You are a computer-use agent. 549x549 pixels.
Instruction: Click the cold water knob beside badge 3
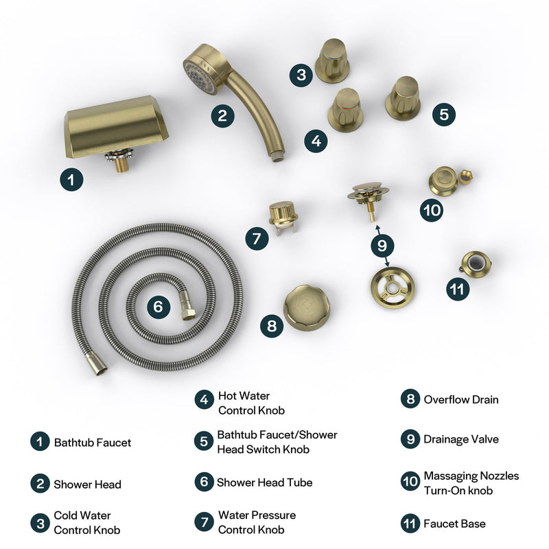click(x=332, y=60)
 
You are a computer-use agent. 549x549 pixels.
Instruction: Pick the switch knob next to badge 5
click(x=403, y=97)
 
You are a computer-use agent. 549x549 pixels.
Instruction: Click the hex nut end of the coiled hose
click(x=186, y=313)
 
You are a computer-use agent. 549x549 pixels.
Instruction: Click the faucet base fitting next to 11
click(x=474, y=264)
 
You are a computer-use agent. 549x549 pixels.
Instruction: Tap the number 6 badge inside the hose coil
click(x=158, y=307)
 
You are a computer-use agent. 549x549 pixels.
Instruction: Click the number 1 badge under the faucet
click(x=71, y=180)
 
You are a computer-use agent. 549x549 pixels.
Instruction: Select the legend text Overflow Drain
click(x=460, y=399)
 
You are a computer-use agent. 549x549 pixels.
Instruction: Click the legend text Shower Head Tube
click(x=264, y=482)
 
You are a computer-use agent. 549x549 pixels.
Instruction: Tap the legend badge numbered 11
click(x=410, y=524)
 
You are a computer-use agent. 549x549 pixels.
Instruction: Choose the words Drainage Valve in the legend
click(x=460, y=439)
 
